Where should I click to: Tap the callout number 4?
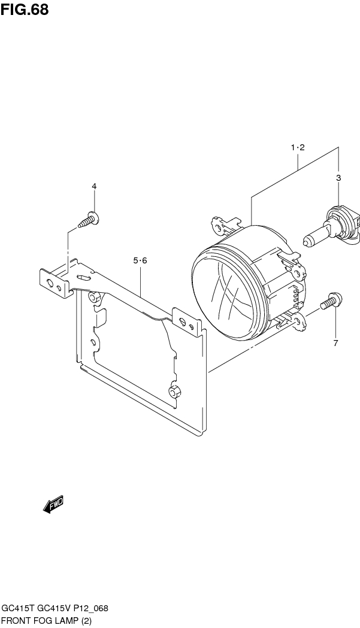click(x=94, y=187)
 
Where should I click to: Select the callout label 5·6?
click(x=140, y=260)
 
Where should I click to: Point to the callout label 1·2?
click(x=298, y=147)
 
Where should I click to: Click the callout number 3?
click(x=338, y=178)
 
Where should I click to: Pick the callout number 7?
click(x=335, y=343)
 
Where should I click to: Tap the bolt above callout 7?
click(x=330, y=301)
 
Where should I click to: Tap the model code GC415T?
click(x=17, y=608)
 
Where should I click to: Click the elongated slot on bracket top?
click(x=83, y=278)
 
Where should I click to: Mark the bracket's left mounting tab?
click(x=53, y=283)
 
